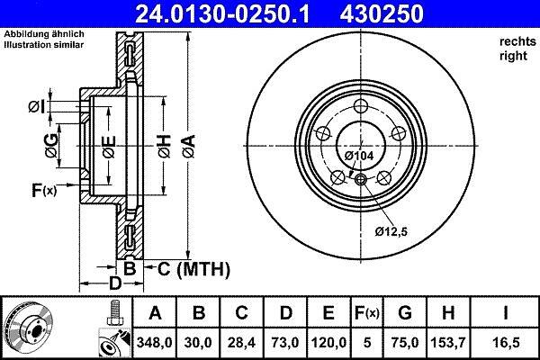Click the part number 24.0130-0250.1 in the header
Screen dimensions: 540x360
(x=222, y=13)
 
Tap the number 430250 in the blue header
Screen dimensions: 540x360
(x=382, y=13)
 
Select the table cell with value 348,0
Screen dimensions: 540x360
(x=154, y=342)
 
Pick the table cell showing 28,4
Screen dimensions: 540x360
(x=241, y=342)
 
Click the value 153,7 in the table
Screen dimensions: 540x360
(x=448, y=342)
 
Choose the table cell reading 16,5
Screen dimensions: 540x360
(x=506, y=342)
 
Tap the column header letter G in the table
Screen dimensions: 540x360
(x=405, y=312)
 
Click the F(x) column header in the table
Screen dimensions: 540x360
(x=367, y=313)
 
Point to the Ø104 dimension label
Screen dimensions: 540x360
(x=359, y=156)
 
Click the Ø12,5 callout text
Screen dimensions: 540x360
(x=391, y=231)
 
